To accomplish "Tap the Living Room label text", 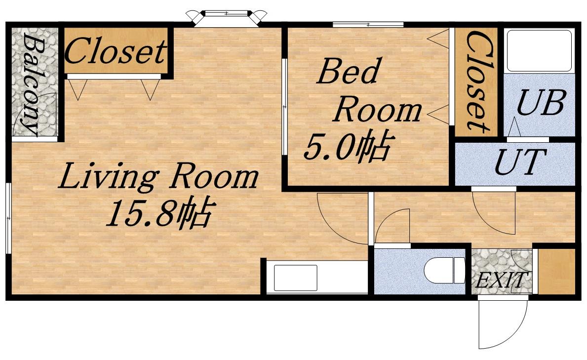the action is point(158,176).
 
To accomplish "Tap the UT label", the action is point(520,162).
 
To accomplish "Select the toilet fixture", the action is point(445,270).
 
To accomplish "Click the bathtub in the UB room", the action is point(540,50).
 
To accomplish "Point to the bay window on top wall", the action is point(227,18).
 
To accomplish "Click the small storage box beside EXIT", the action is point(556,271).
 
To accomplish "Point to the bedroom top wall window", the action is point(368,25).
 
